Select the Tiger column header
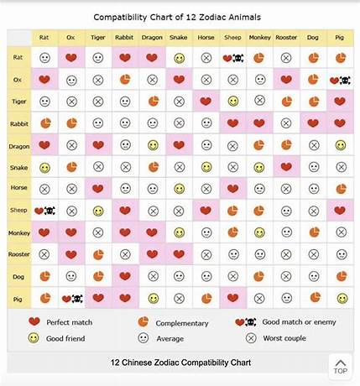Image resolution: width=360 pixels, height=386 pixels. [98, 38]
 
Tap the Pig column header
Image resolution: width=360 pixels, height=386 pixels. [340, 38]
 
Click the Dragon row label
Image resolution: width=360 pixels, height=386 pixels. [18, 144]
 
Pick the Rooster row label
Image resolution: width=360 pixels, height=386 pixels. [18, 253]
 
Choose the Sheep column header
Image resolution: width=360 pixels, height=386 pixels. [232, 38]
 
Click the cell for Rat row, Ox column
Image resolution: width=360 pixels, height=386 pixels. [71, 58]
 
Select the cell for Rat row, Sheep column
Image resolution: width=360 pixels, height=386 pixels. [232, 58]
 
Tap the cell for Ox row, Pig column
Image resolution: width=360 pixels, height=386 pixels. [340, 80]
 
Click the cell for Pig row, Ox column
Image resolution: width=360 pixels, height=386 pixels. [71, 297]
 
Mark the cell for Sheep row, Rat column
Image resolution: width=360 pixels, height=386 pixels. [44, 210]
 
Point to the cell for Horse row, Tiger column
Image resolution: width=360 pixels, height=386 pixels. [98, 188]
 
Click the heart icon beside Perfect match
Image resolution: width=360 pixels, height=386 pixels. [34, 321]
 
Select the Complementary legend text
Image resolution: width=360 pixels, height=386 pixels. [183, 322]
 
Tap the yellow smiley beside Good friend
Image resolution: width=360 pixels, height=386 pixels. [34, 338]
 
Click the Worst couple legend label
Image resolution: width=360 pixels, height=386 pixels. [284, 338]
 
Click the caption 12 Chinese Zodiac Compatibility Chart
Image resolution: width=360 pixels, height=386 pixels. [180, 363]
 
